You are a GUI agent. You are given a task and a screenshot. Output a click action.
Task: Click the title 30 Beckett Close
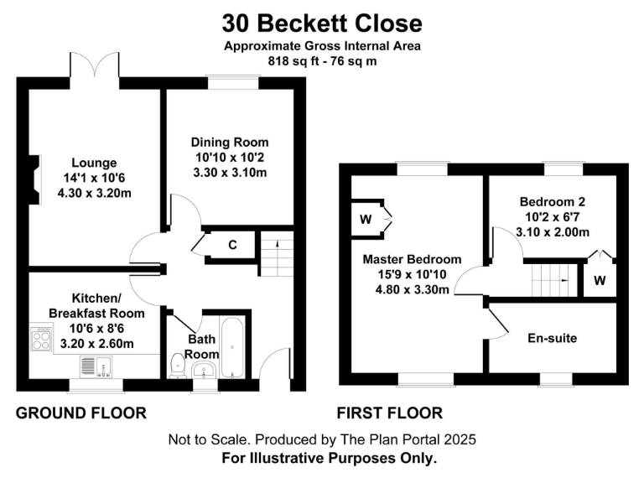[x=322, y=23]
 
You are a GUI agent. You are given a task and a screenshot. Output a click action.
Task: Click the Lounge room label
[x=94, y=163]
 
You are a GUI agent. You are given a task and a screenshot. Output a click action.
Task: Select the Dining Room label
[x=230, y=143]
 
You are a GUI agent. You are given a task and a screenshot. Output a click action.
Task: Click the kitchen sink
[x=96, y=366]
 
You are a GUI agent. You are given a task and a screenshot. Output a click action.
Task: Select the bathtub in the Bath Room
[x=232, y=347]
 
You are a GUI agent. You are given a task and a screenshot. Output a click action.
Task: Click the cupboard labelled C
[x=232, y=245]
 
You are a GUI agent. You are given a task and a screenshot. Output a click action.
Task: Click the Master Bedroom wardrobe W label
[x=366, y=220]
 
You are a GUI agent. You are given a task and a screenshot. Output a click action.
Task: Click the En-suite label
[x=553, y=339]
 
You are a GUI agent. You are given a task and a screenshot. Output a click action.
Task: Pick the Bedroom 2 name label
[x=553, y=201]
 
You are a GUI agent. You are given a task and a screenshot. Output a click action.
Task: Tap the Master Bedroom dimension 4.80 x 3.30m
[x=412, y=289]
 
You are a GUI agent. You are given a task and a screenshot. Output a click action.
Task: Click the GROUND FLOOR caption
[x=80, y=413]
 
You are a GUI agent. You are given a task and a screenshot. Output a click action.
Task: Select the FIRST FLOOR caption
[x=390, y=413]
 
